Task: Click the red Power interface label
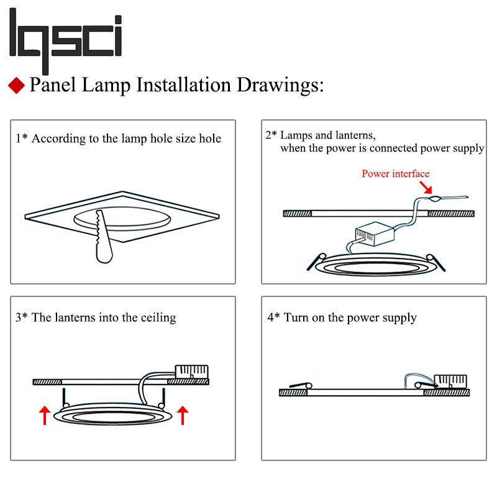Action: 395,173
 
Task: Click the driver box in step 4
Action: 449,381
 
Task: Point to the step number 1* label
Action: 22,139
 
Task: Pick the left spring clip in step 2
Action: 316,260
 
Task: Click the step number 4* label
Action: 274,317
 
